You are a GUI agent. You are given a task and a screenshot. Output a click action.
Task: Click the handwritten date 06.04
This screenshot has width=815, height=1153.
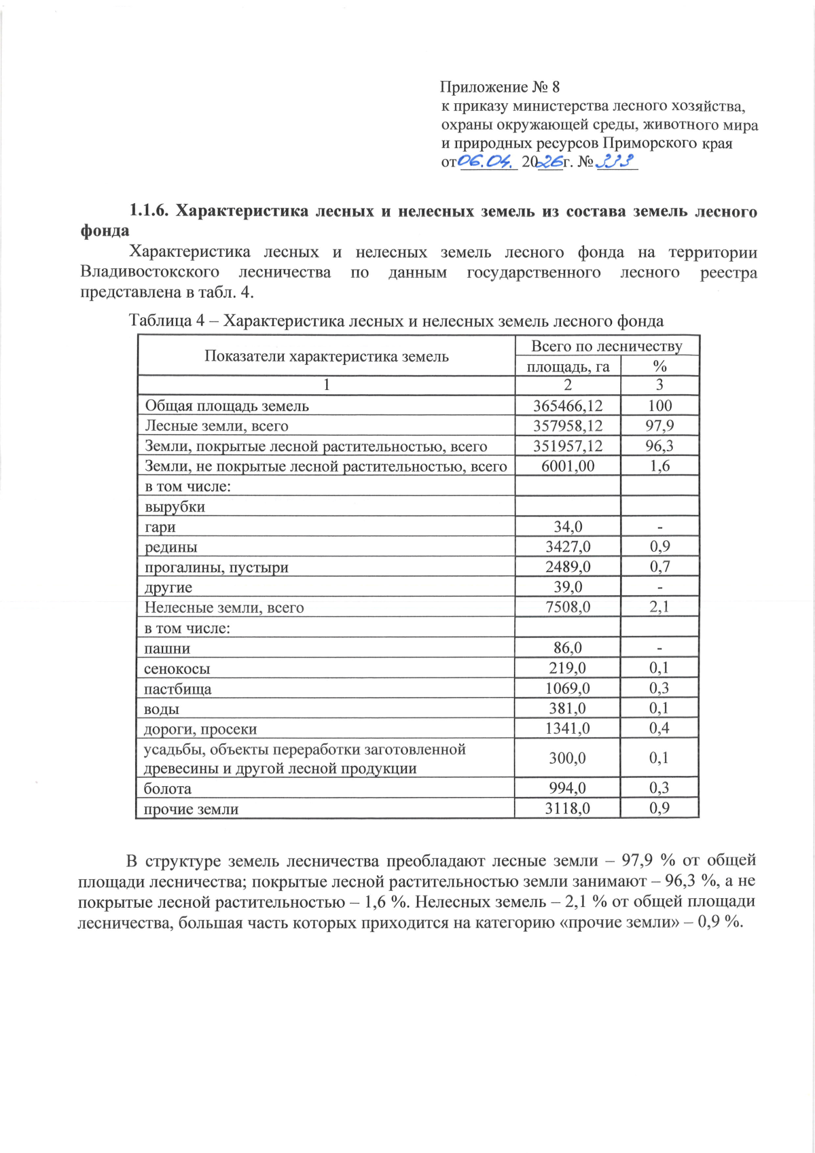485,162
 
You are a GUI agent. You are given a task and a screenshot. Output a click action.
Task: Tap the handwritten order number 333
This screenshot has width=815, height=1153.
615,162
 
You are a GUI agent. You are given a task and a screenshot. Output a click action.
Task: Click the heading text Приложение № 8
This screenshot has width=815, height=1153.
499,87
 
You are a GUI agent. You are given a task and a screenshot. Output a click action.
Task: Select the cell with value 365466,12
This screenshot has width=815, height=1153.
568,406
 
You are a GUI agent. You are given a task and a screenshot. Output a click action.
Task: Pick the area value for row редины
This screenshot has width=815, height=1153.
568,547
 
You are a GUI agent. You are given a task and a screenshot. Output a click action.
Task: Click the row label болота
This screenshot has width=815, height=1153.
167,789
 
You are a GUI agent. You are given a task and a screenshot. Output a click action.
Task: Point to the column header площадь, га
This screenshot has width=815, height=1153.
568,367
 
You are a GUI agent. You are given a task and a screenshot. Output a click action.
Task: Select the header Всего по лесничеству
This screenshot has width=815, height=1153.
606,346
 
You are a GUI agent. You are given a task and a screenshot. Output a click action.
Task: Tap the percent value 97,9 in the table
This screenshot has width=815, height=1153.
659,426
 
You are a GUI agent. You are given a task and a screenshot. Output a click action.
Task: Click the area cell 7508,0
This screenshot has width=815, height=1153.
568,607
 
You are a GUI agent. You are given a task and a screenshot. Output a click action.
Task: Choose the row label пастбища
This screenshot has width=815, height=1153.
177,689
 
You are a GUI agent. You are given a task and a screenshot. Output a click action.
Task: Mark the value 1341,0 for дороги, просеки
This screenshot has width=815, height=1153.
568,729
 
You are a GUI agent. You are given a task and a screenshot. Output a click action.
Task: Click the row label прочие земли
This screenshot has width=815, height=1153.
191,809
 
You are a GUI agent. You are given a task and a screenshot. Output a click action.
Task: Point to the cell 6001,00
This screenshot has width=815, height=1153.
568,466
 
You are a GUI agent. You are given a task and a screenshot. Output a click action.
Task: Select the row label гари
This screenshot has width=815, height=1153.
160,527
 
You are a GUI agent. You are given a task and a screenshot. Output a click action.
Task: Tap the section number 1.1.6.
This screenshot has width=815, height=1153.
149,211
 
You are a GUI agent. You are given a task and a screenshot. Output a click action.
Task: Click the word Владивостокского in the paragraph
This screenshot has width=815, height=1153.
149,272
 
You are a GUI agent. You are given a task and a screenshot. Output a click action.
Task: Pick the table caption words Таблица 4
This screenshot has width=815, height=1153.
167,321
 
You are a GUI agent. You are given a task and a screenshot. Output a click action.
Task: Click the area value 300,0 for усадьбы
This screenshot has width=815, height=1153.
568,758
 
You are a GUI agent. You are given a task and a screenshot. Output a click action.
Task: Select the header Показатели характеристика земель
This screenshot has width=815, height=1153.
327,357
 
